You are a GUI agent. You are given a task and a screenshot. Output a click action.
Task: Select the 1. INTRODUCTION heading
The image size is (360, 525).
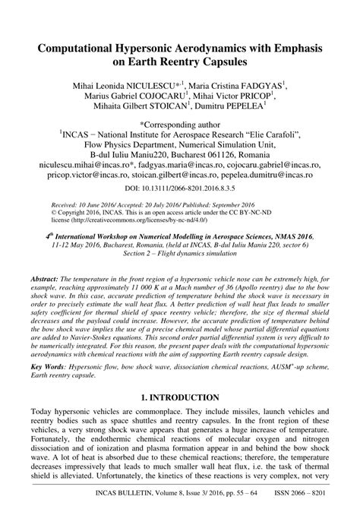pyautogui.click(x=180, y=397)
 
